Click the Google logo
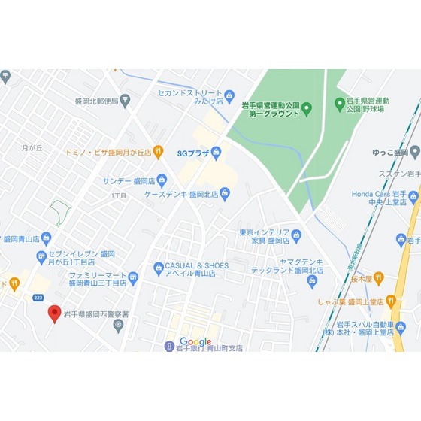195,342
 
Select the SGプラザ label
193,152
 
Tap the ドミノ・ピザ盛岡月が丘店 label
112,151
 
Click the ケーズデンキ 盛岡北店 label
181,194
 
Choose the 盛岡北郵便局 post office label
97,102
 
